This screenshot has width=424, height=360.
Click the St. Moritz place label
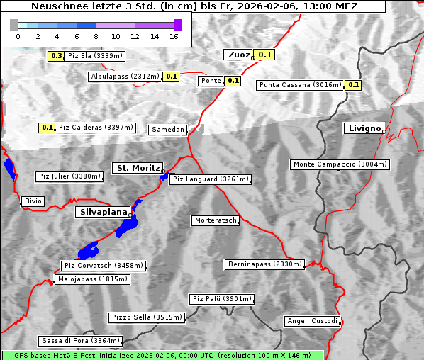click(138, 168)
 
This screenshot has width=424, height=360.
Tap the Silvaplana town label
click(103, 212)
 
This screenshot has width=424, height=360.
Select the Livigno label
click(363, 128)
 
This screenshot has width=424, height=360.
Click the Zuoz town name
click(238, 55)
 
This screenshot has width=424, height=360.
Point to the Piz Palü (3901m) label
click(221, 299)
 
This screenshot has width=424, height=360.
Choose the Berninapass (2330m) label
click(264, 264)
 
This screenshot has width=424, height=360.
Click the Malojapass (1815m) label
click(92, 279)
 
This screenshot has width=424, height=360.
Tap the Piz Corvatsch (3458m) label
click(104, 266)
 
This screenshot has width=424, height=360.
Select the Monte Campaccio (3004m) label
click(340, 164)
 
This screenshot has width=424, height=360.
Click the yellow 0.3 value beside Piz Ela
click(56, 55)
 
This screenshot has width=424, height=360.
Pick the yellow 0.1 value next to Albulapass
click(171, 77)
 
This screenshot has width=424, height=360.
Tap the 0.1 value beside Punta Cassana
click(353, 85)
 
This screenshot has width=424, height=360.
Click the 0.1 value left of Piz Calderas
click(47, 128)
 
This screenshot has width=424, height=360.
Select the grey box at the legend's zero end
click(14, 25)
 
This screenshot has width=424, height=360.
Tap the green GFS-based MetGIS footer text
click(162, 355)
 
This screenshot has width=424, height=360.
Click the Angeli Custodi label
click(312, 321)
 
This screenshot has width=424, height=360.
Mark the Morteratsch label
click(214, 220)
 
